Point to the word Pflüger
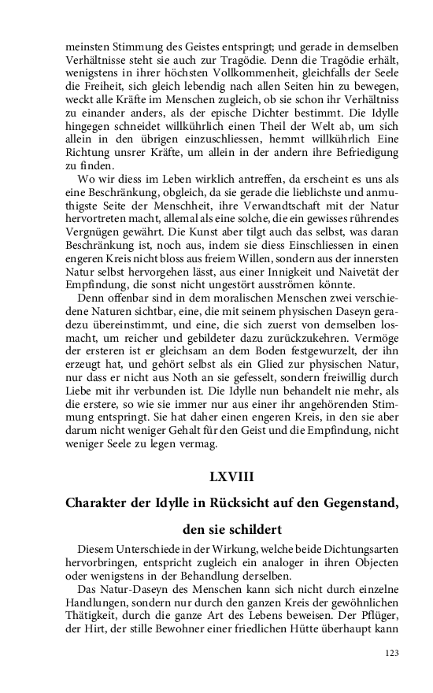379,606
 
